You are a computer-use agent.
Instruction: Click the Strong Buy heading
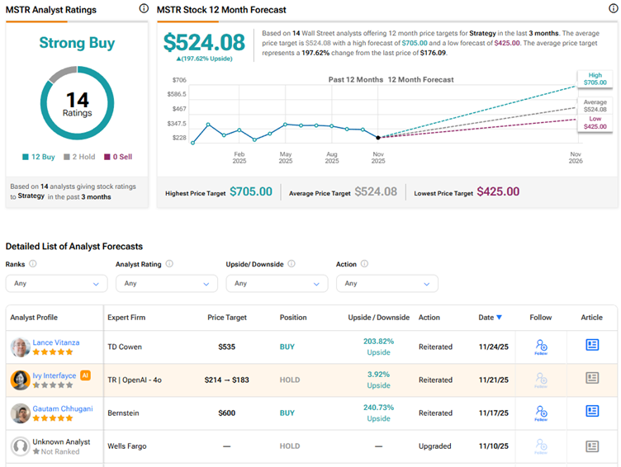click(77, 43)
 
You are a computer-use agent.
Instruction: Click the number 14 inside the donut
click(77, 101)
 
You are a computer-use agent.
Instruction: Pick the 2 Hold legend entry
click(80, 157)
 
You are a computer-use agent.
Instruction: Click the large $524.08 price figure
click(203, 43)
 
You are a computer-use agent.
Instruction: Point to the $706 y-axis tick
click(179, 80)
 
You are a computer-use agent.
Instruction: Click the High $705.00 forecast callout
click(595, 78)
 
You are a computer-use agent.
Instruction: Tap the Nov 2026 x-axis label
click(576, 158)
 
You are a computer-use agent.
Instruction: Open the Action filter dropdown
click(387, 283)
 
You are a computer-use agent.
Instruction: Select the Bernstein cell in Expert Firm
click(127, 413)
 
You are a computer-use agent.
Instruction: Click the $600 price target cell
click(227, 413)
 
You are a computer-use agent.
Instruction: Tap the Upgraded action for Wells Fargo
click(435, 446)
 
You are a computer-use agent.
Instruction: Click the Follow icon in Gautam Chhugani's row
click(541, 413)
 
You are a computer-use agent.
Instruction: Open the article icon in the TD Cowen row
click(592, 346)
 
